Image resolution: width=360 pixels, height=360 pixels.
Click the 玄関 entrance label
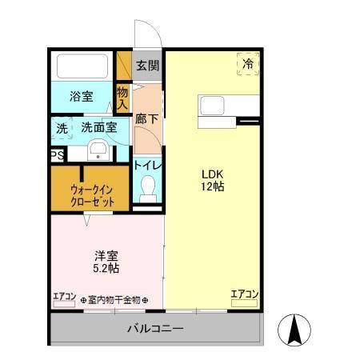pos(146,66)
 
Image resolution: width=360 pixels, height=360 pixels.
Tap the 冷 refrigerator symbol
pos(248,63)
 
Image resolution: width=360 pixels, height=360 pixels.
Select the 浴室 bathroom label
pos(81,97)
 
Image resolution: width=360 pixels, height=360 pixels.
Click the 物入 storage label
pos(122,98)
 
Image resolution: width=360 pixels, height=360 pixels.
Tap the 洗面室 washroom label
pos(99,127)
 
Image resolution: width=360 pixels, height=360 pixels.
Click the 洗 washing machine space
pos(62,128)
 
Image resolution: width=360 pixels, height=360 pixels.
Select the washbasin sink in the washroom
pos(98,150)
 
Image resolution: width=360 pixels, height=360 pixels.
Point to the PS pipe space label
pos(57,156)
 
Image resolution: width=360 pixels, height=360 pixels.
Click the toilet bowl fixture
pos(147,190)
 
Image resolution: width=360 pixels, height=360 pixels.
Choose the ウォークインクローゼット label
pos(91,195)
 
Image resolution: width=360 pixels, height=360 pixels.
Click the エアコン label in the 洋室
pos(65,298)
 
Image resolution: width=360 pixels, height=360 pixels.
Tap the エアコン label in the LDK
pos(244,294)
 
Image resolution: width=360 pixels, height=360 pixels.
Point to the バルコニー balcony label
pos(156,329)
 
